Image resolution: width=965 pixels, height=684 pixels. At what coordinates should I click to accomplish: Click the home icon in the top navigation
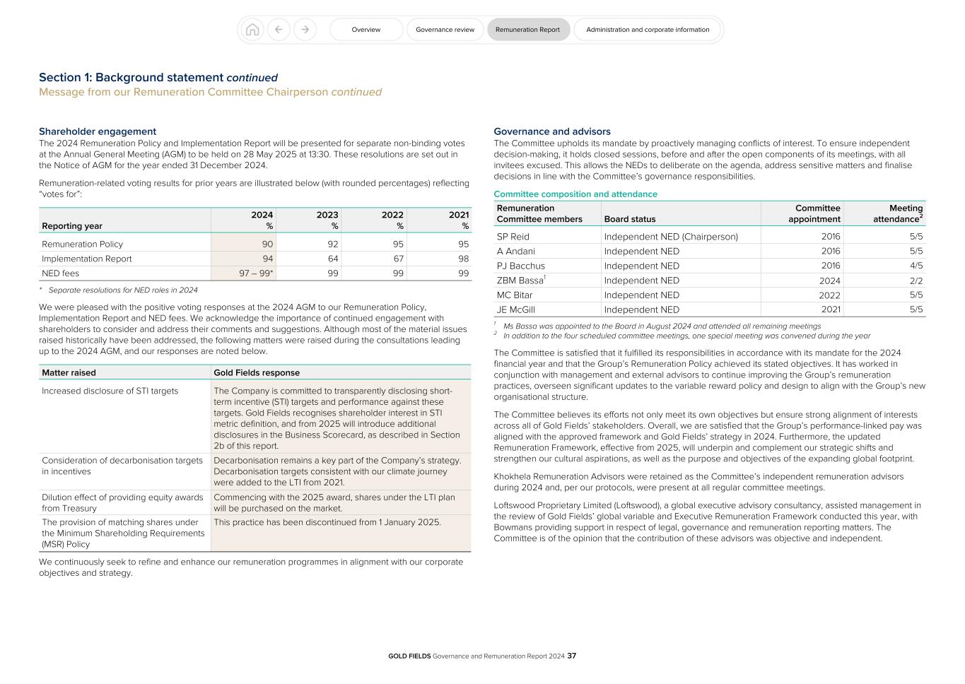click(x=252, y=30)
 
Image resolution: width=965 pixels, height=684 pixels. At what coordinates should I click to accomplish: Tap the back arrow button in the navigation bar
click(x=279, y=30)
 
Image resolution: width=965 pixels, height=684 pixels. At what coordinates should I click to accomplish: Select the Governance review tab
click(x=445, y=30)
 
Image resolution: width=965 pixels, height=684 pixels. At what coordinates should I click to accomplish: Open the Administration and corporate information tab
click(x=647, y=30)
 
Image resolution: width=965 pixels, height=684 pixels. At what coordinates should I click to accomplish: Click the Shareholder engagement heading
click(x=98, y=131)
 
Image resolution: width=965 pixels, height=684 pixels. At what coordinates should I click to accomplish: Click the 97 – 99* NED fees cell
click(x=256, y=273)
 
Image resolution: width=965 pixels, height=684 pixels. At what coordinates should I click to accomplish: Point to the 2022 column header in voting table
click(x=392, y=215)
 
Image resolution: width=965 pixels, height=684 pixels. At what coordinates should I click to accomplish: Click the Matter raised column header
click(x=69, y=372)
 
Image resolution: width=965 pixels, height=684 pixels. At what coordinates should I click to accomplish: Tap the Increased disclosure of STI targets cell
click(x=110, y=391)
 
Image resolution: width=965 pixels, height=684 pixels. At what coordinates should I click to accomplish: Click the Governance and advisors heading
click(x=551, y=131)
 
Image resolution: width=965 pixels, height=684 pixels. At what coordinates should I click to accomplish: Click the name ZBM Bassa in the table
click(x=520, y=281)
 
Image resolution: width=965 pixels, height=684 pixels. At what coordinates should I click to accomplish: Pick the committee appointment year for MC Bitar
click(x=829, y=295)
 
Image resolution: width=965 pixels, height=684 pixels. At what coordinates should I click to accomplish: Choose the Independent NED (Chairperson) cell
click(x=670, y=237)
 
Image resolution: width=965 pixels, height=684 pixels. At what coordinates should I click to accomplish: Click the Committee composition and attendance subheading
click(x=575, y=194)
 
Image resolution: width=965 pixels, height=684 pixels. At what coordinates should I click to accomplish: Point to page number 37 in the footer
click(x=572, y=656)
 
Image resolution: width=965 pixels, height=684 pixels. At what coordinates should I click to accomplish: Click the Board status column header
click(x=629, y=219)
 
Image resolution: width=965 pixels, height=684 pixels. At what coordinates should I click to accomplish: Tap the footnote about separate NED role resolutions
click(x=122, y=290)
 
